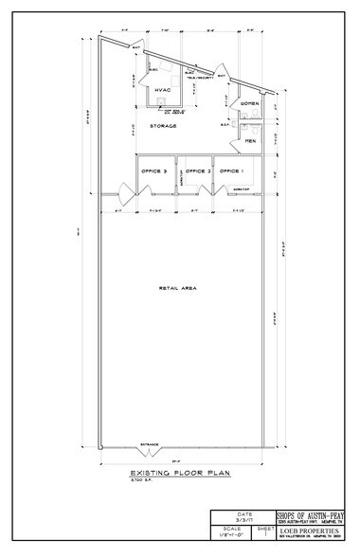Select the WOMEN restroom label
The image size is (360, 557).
(x=249, y=102)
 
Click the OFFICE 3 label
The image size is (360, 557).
(x=154, y=171)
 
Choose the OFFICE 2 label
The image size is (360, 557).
(x=197, y=171)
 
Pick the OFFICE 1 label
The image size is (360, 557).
(x=233, y=171)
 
